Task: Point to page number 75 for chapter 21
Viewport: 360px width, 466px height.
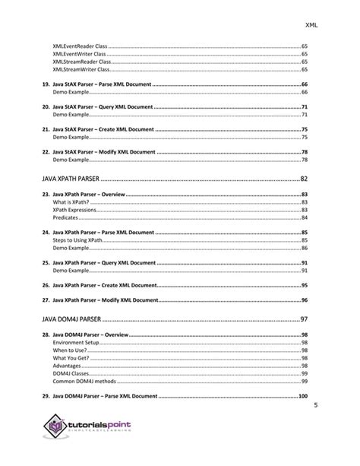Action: tap(304, 130)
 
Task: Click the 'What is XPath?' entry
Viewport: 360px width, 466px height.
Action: tap(71, 202)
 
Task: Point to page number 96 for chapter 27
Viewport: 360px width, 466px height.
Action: tap(304, 300)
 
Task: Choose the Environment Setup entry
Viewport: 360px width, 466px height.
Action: tap(77, 343)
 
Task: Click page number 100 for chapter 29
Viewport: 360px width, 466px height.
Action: tap(302, 396)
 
